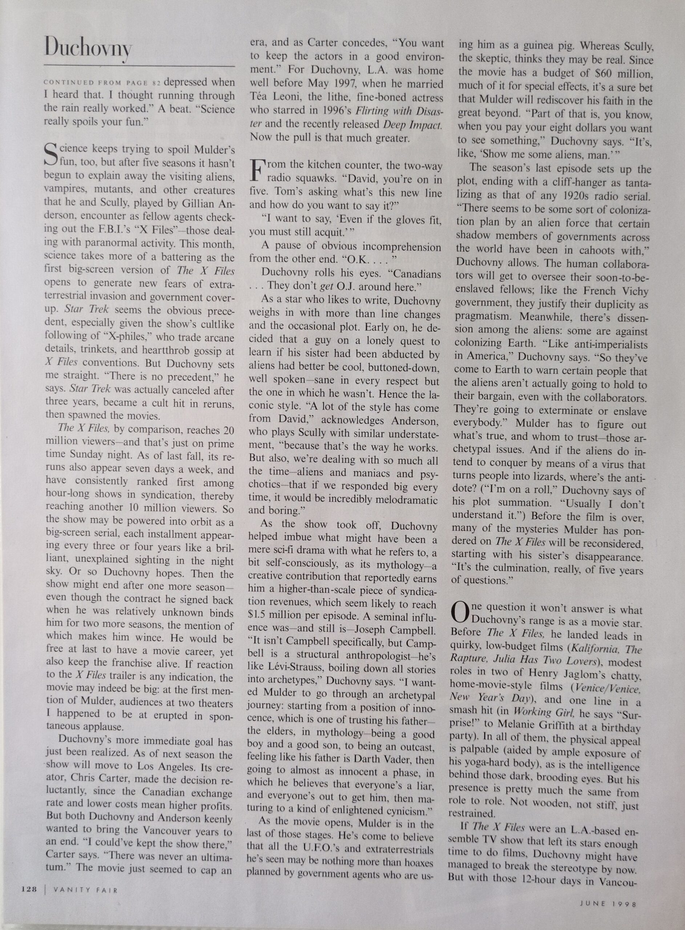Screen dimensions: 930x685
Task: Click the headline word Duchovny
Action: [x=88, y=48]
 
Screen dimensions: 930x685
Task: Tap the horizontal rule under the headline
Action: [x=139, y=66]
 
